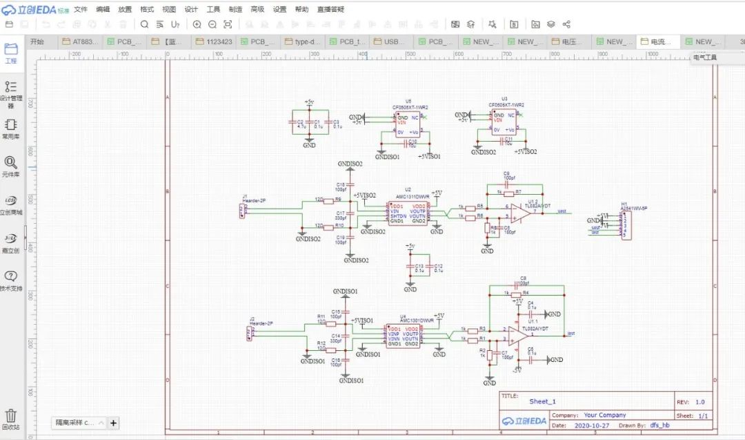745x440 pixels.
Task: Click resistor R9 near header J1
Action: (338, 200)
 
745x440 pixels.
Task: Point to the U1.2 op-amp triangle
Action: (523, 212)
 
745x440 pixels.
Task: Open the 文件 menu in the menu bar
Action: (81, 9)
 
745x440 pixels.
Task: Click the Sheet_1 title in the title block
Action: (542, 401)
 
